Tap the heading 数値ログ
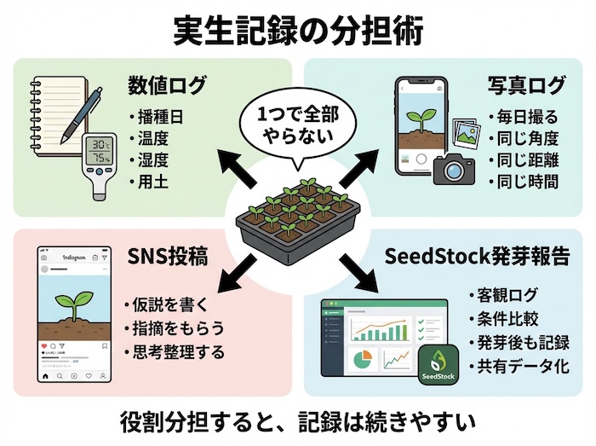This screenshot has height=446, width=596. tap(167, 85)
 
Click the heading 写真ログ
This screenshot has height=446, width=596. tap(526, 85)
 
